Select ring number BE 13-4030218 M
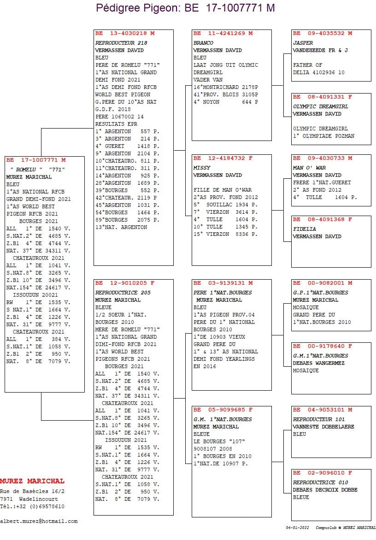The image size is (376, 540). tap(125, 33)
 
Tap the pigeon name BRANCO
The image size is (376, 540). tap(203, 43)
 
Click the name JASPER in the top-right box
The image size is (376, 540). tap(303, 43)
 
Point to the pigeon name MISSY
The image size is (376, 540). tap(202, 168)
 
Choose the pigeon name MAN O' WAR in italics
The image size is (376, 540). tap(309, 168)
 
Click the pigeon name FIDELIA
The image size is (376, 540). tap(305, 229)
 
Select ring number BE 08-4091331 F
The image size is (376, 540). tap(323, 97)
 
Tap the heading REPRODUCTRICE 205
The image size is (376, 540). tap(123, 293)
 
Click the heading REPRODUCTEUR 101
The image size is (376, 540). tap(319, 419)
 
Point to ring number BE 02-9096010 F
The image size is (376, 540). tap(323, 473)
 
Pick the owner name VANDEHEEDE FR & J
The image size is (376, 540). tap(320, 50)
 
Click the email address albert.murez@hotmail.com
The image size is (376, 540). tap(39, 521)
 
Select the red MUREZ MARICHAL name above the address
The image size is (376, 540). tap(32, 481)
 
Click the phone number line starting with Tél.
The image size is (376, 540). tap(32, 506)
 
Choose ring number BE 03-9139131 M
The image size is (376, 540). tap(223, 283)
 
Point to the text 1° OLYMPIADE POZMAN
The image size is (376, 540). tap(323, 136)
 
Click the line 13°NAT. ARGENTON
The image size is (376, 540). tap(121, 227)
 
